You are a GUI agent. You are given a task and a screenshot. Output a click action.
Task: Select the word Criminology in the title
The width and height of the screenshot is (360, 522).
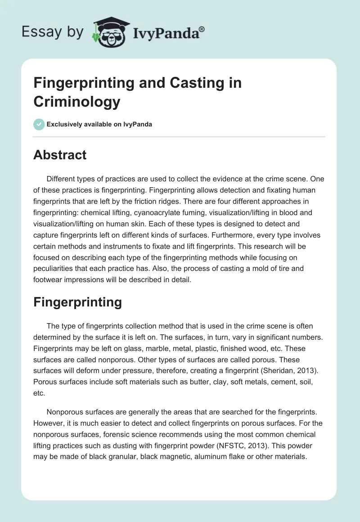tap(77, 102)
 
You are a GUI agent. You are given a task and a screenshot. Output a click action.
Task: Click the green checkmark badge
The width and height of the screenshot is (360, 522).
tap(39, 124)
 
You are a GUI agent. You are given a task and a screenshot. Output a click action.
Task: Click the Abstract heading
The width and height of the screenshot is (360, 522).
tap(60, 155)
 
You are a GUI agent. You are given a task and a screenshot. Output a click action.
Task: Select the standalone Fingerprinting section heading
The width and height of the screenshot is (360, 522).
tap(77, 302)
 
